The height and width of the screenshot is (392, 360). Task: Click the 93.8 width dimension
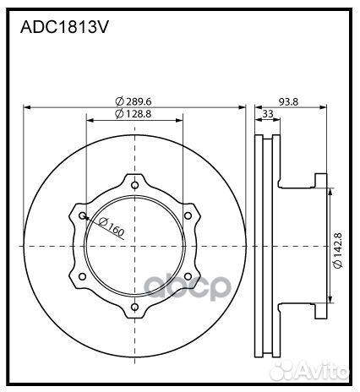click(x=289, y=101)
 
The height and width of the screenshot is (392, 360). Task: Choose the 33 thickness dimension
click(x=267, y=113)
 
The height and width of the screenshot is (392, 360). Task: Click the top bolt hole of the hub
click(x=135, y=185)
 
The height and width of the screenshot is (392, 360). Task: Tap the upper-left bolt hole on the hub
click(x=83, y=215)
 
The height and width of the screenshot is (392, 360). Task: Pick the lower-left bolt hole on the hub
click(x=83, y=276)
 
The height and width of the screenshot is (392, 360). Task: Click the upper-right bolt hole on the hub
click(x=188, y=215)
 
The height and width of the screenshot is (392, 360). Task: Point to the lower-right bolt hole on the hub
click(x=188, y=276)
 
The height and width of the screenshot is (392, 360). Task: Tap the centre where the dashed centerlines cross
click(x=135, y=246)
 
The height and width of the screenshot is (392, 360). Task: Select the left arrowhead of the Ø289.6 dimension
click(x=28, y=107)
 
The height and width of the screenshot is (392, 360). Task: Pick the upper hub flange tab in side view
click(x=319, y=180)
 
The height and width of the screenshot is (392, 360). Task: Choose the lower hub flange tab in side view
click(x=319, y=312)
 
